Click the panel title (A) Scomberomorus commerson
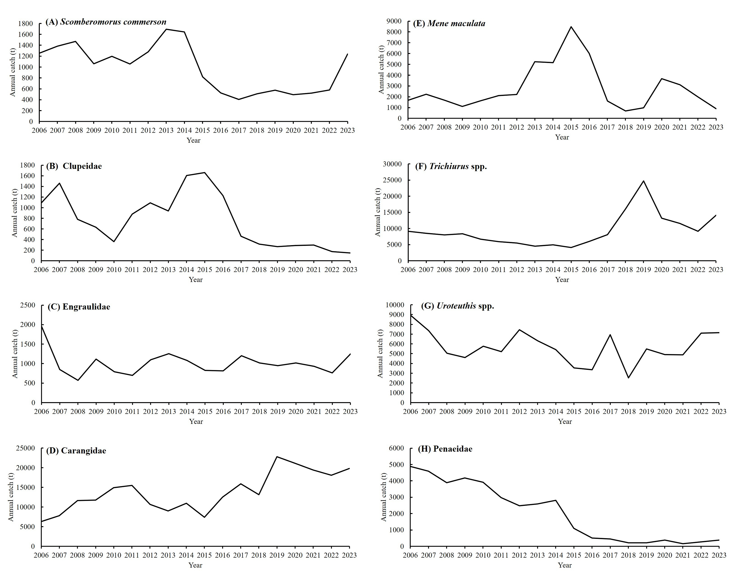click(106, 22)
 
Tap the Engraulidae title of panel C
click(86, 307)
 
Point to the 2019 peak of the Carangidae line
click(277, 457)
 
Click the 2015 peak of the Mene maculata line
click(571, 27)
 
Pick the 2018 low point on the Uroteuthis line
click(628, 378)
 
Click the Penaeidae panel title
click(445, 449)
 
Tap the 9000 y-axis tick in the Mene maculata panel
click(395, 21)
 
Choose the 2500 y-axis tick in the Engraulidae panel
click(28, 305)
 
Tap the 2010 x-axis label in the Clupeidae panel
click(114, 270)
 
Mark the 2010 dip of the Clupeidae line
click(114, 241)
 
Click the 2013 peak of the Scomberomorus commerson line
click(166, 29)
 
